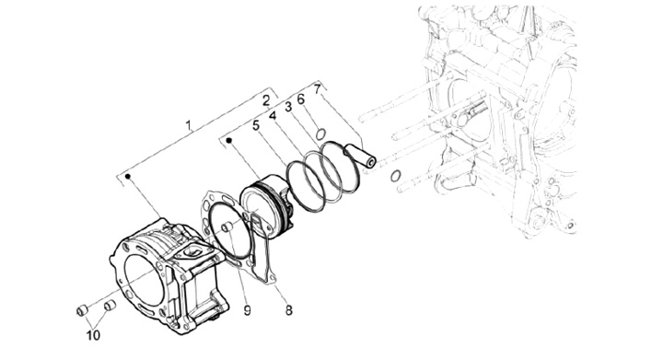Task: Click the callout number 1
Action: click(x=189, y=125)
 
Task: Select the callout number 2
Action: click(x=266, y=101)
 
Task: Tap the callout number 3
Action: click(x=288, y=107)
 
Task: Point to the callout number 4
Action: click(x=273, y=115)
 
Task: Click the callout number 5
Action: click(x=256, y=125)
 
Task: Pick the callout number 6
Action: click(x=301, y=99)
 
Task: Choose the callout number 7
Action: click(x=318, y=89)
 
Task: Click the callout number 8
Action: click(x=288, y=310)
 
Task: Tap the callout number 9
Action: click(x=248, y=310)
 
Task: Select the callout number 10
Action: click(x=93, y=335)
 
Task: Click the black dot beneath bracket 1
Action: click(x=128, y=176)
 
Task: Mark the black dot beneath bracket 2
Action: click(x=229, y=140)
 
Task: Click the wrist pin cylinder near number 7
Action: click(x=361, y=155)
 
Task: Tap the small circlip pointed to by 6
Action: click(x=320, y=134)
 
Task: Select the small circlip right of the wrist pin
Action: click(x=395, y=176)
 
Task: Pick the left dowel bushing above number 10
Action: click(x=82, y=310)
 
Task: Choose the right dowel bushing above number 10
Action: click(x=110, y=304)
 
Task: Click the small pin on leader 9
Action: click(x=228, y=227)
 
